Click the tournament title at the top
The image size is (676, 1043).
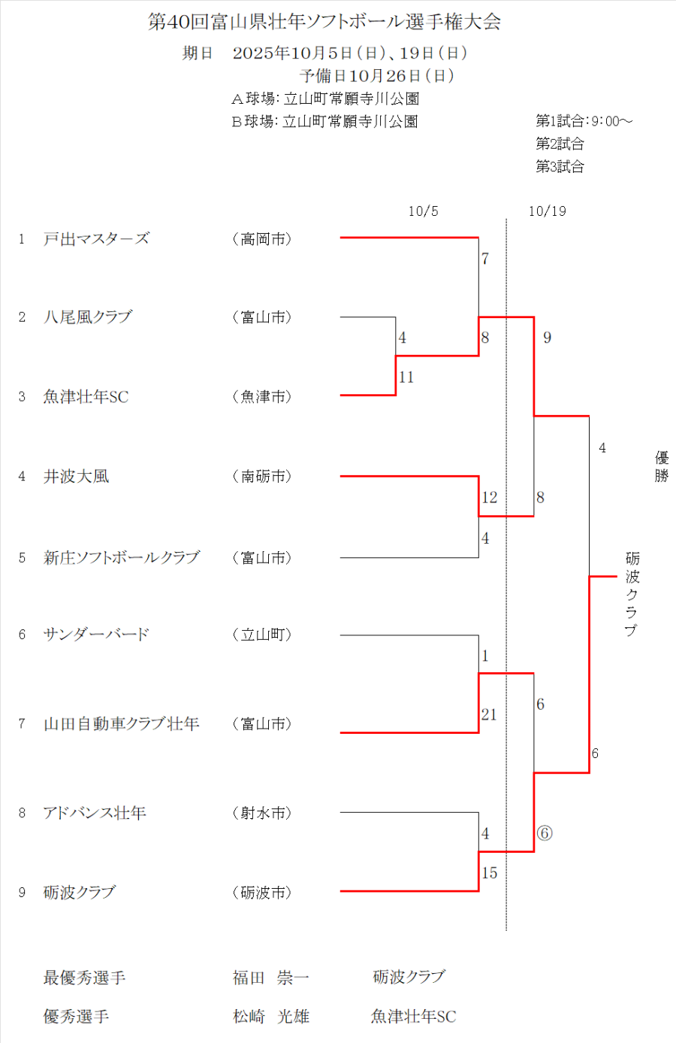[324, 22]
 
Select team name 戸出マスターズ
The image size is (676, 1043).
[96, 239]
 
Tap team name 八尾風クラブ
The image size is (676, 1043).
[87, 317]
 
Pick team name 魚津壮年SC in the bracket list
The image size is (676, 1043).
[86, 397]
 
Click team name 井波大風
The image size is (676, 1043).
[76, 477]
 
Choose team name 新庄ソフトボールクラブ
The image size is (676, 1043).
[122, 558]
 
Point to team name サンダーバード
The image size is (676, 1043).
[96, 635]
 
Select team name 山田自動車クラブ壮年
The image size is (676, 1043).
[121, 724]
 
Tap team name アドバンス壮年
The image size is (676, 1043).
[95, 813]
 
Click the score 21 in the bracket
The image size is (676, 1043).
[489, 714]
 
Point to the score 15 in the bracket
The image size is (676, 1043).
[490, 873]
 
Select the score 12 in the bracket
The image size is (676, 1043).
[490, 498]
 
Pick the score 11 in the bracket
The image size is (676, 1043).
[406, 377]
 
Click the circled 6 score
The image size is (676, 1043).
[545, 833]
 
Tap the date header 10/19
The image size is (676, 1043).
[547, 211]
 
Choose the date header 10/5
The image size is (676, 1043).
[423, 211]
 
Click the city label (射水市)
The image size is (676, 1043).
[261, 813]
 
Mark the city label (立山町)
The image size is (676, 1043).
[261, 635]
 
